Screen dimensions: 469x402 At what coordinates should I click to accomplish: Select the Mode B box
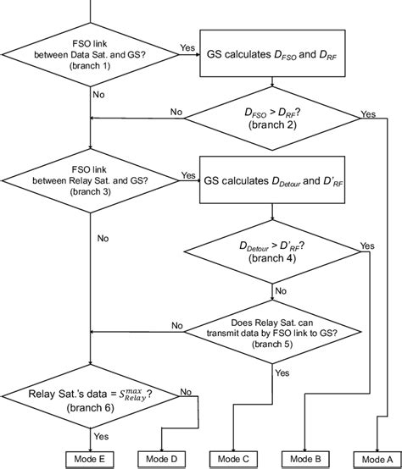point(305,457)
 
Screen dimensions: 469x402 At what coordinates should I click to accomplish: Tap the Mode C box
point(233,457)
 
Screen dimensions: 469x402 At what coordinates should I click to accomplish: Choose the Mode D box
point(161,457)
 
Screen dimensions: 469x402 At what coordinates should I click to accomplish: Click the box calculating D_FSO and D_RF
point(271,56)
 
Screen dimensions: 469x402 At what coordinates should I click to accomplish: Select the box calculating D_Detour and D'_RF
point(271,181)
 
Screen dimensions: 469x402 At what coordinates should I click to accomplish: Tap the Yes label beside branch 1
point(187,48)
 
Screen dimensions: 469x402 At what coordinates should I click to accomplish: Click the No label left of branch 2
point(176,110)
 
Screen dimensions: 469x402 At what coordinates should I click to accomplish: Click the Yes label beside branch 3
point(187,176)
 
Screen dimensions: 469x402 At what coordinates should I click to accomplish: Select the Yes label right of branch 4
point(366,246)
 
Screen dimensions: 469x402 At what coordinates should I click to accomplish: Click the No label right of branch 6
point(185,392)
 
